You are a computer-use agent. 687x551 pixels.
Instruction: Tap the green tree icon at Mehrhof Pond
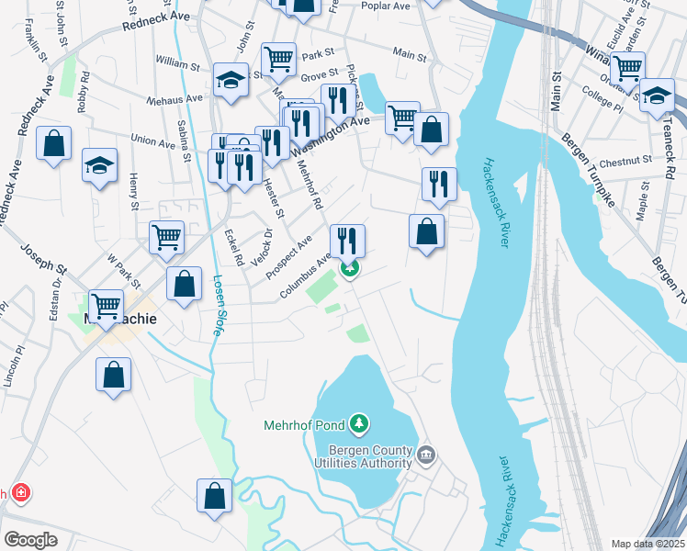(361, 423)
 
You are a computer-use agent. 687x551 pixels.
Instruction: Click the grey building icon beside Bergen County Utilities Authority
(426, 454)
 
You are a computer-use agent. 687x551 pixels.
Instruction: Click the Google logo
(30, 539)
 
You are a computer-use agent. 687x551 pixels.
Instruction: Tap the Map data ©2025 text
(648, 544)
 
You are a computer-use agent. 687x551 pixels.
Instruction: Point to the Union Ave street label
(153, 140)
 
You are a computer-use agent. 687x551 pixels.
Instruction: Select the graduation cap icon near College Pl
(657, 96)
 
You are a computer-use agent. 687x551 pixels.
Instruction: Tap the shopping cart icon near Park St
(278, 59)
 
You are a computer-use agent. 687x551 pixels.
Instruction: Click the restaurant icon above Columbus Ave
(347, 241)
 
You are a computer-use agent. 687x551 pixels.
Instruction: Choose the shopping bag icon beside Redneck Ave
(54, 143)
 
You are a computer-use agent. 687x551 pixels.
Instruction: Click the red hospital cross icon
(19, 494)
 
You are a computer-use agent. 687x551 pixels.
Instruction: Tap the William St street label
(177, 66)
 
